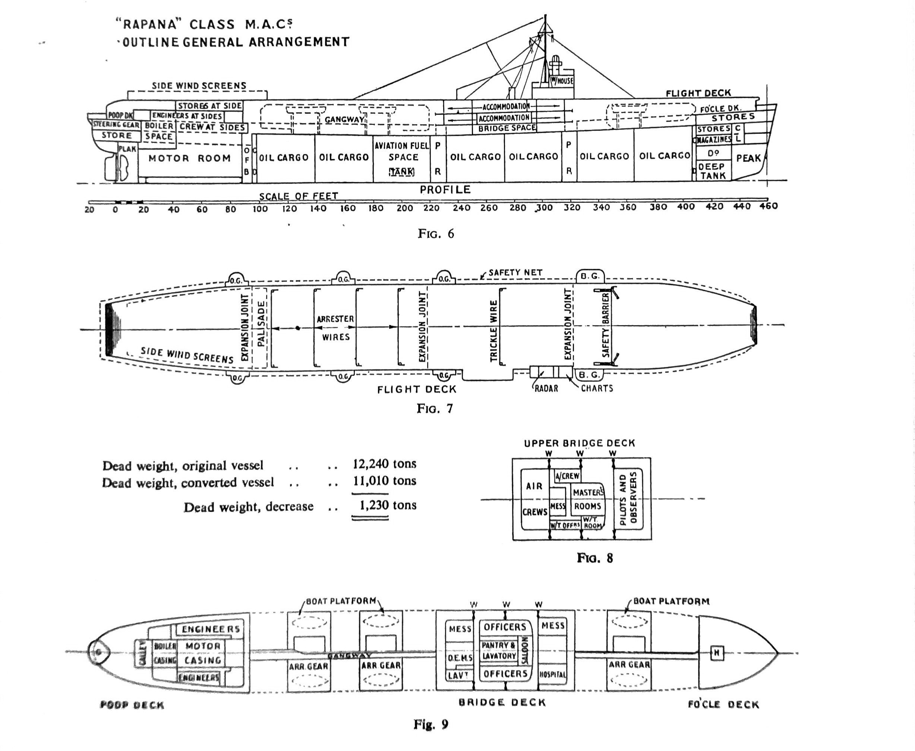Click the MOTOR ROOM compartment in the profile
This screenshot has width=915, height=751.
pyautogui.click(x=189, y=158)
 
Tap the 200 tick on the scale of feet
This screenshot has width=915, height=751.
pyautogui.click(x=404, y=208)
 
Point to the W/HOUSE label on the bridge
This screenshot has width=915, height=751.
pyautogui.click(x=562, y=81)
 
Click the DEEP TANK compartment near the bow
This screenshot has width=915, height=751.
pyautogui.click(x=713, y=171)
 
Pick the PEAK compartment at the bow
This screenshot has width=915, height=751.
pyautogui.click(x=748, y=158)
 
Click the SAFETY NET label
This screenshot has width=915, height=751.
pyautogui.click(x=515, y=273)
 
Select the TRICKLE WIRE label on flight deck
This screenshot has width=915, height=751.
pyautogui.click(x=493, y=331)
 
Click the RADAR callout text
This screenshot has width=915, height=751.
pyautogui.click(x=546, y=389)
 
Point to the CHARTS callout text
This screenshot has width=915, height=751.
pyautogui.click(x=597, y=389)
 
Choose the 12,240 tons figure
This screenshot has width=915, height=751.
pyautogui.click(x=384, y=464)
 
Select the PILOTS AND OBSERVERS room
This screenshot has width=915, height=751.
pyautogui.click(x=628, y=499)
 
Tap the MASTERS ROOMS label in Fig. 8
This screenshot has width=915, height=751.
pyautogui.click(x=587, y=499)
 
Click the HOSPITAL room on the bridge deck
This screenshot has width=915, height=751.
pyautogui.click(x=553, y=675)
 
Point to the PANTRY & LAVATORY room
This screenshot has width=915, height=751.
pyautogui.click(x=499, y=651)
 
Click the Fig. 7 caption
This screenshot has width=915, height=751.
pyautogui.click(x=435, y=408)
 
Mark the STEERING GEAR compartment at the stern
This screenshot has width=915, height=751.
pyautogui.click(x=116, y=125)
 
